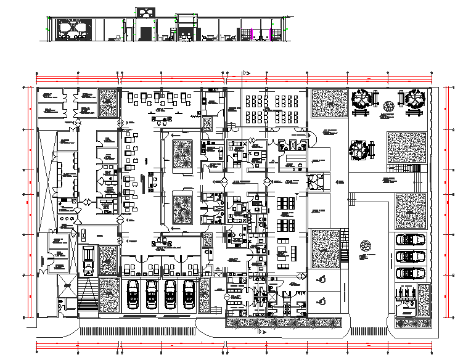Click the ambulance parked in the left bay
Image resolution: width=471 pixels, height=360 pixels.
(88, 259)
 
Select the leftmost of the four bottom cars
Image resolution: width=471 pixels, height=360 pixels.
(133, 293)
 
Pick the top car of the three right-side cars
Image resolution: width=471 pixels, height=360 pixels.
(410, 240)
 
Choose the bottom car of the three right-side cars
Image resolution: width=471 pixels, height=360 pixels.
(410, 272)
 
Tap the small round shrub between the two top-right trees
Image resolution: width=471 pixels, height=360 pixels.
(388, 105)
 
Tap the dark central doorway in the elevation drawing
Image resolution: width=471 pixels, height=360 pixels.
(145, 34)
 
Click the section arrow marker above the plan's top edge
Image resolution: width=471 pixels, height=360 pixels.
(245, 73)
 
